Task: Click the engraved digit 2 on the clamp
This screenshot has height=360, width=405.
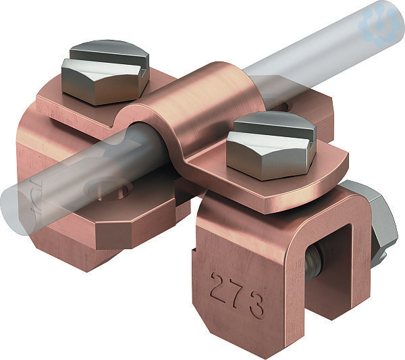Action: coord(218,286)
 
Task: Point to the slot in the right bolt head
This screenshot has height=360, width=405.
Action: coord(273,133)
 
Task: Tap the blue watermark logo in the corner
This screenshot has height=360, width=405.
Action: coord(380,23)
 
